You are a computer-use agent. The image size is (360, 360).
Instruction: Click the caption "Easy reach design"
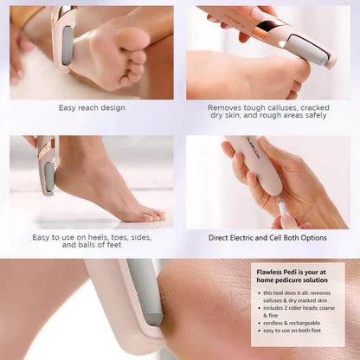click(x=92, y=108)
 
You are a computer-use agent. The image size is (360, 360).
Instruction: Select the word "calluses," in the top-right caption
click(x=299, y=108)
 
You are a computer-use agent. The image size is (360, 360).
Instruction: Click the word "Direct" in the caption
click(x=223, y=237)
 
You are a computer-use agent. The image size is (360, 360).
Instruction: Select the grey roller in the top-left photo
click(x=66, y=39)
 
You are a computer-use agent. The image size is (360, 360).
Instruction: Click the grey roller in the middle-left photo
click(x=50, y=177)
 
